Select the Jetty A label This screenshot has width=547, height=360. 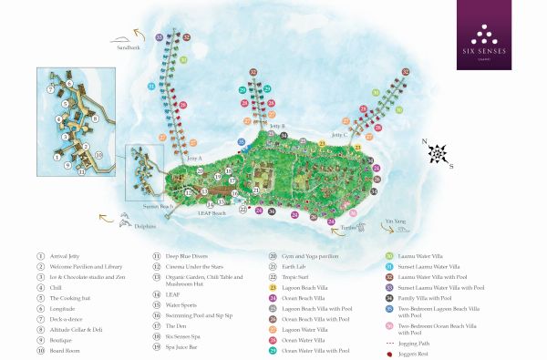point(193,159)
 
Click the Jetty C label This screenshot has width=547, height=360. point(339,134)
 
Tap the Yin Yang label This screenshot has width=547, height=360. point(393,221)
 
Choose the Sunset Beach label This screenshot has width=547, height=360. point(158,207)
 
